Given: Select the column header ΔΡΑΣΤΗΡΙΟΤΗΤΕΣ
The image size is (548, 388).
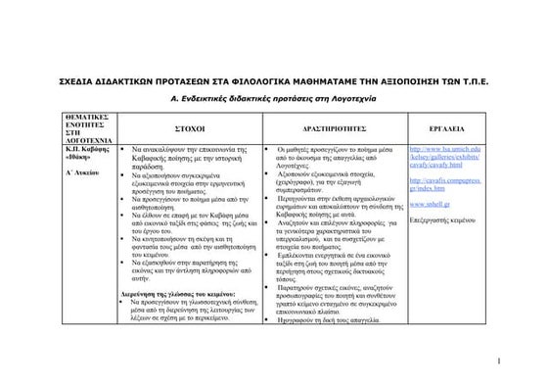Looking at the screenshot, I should (335, 128).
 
